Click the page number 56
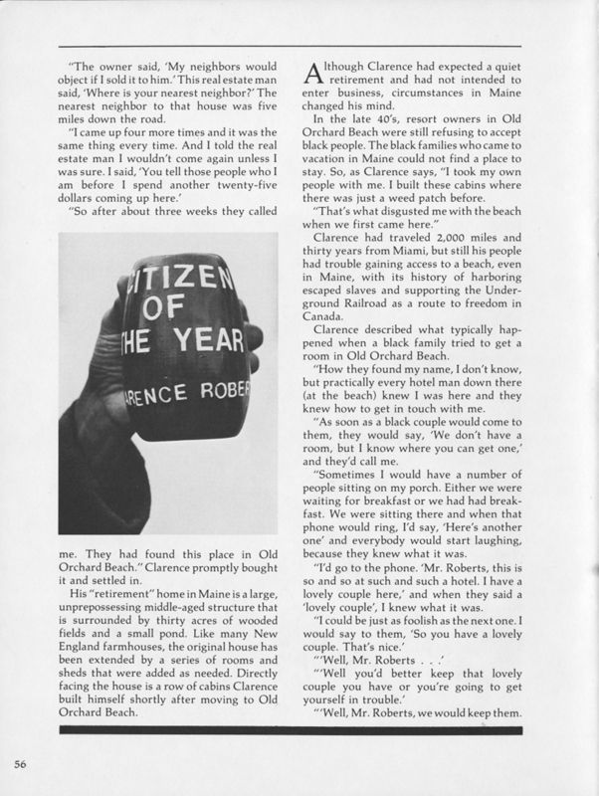click(20, 762)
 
